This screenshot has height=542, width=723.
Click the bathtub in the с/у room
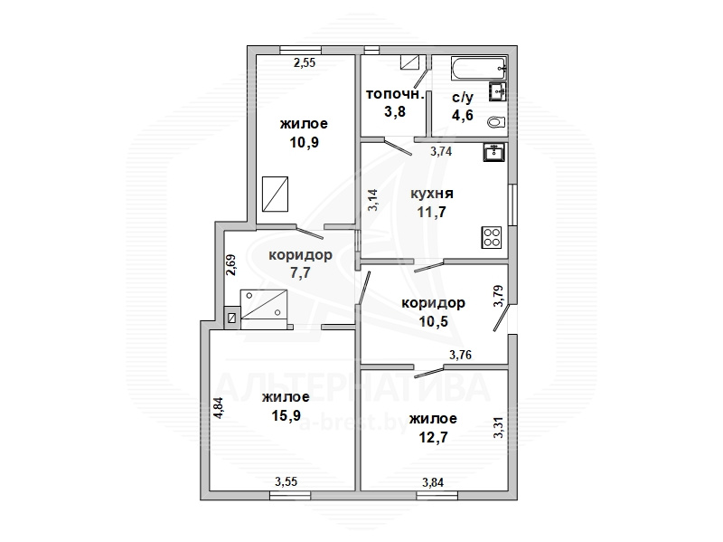tap(479, 69)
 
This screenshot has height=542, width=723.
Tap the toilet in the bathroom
tap(496, 122)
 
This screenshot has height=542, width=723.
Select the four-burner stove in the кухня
tap(492, 237)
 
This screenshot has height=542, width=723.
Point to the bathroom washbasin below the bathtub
tap(497, 91)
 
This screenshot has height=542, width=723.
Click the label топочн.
tap(395, 94)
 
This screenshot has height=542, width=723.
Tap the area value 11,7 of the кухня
tap(432, 212)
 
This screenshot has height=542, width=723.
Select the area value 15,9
tap(286, 415)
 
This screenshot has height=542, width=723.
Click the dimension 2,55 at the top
tap(305, 62)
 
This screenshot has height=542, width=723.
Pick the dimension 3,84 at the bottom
tap(433, 482)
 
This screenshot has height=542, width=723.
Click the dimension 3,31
tap(499, 428)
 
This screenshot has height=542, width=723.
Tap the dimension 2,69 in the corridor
tap(231, 265)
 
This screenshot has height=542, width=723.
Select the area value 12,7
tap(433, 437)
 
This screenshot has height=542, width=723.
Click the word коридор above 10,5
tap(434, 303)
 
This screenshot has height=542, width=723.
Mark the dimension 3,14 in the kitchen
tap(372, 200)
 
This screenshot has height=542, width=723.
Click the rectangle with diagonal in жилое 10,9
tap(276, 194)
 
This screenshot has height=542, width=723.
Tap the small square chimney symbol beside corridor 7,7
tap(232, 319)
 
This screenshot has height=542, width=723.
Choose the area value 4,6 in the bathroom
tap(463, 115)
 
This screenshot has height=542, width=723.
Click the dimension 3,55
tap(286, 482)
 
